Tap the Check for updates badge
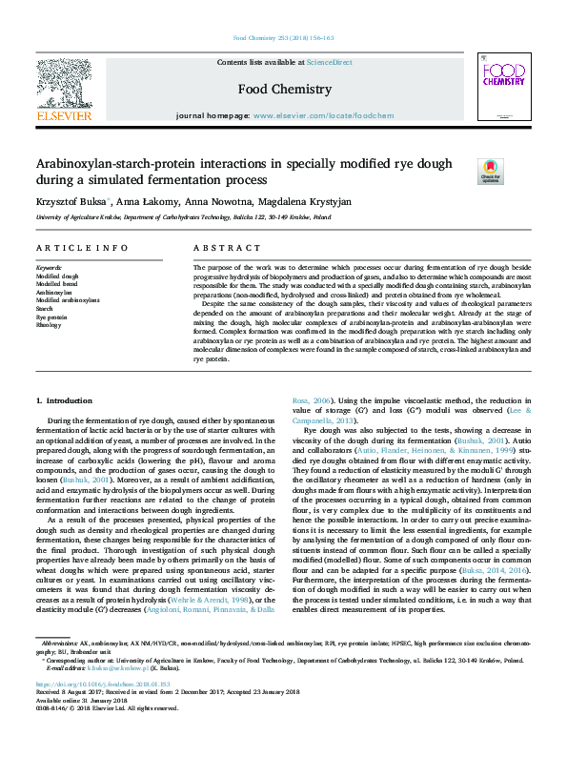(x=490, y=171)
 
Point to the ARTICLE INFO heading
(x=82, y=248)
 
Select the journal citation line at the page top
(x=283, y=38)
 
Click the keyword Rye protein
(x=53, y=317)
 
